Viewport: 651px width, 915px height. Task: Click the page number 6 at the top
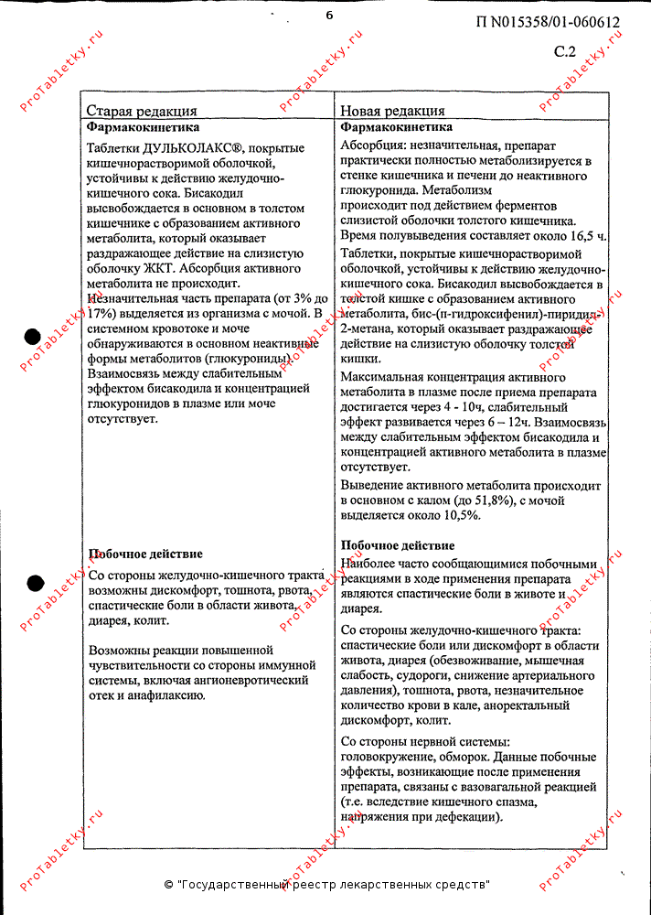pyautogui.click(x=329, y=14)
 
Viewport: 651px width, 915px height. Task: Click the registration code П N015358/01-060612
pyautogui.click(x=549, y=24)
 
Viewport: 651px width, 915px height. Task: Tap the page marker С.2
pyautogui.click(x=565, y=52)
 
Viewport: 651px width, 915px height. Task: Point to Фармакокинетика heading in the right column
pyautogui.click(x=396, y=127)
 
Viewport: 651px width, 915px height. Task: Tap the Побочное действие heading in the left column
pyautogui.click(x=145, y=554)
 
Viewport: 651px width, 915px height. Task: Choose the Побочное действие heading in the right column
pyautogui.click(x=397, y=545)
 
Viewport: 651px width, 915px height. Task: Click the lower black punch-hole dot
pyautogui.click(x=34, y=582)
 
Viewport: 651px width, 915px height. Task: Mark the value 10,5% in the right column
pyautogui.click(x=457, y=516)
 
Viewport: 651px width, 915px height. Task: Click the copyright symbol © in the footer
pyautogui.click(x=169, y=885)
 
